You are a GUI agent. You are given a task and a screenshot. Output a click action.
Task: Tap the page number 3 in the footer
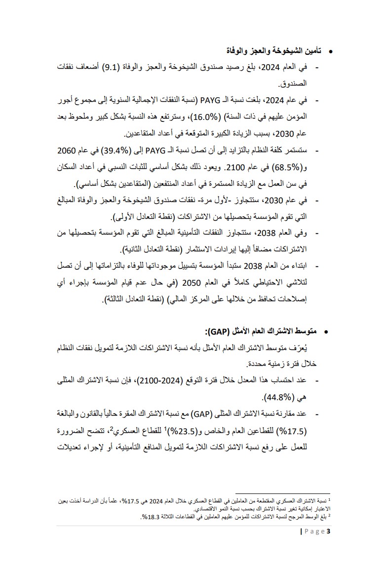tap(328, 531)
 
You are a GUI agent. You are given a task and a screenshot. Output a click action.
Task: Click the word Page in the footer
tap(314, 531)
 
